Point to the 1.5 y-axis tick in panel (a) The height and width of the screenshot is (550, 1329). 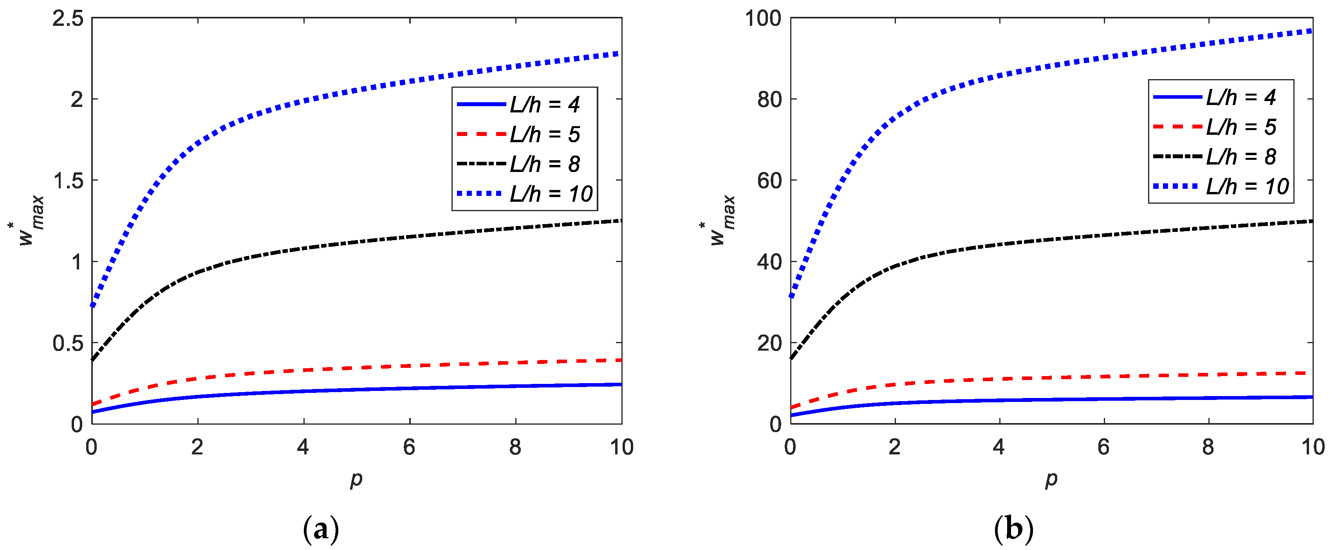(68, 181)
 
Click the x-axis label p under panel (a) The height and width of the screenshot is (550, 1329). (356, 479)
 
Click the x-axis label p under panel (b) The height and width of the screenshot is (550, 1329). (1051, 479)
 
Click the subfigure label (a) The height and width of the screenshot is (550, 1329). (321, 529)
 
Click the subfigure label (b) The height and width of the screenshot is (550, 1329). (1013, 529)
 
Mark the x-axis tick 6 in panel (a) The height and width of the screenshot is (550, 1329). (409, 447)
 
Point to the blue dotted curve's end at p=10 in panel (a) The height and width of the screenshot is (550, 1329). (621, 53)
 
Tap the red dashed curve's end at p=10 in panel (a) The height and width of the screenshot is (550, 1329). (621, 360)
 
